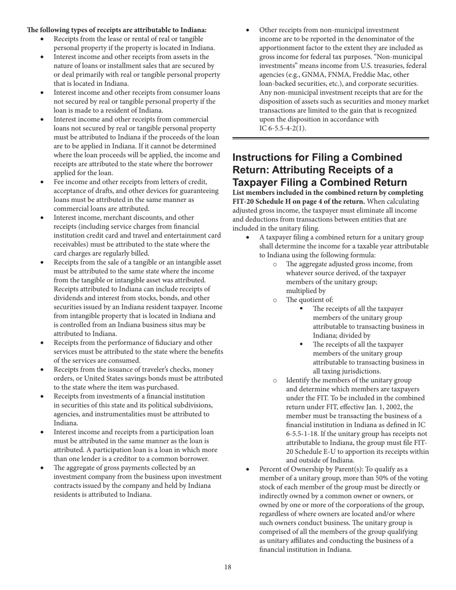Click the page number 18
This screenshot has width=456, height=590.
click(228, 567)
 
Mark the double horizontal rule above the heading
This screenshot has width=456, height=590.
click(330, 139)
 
